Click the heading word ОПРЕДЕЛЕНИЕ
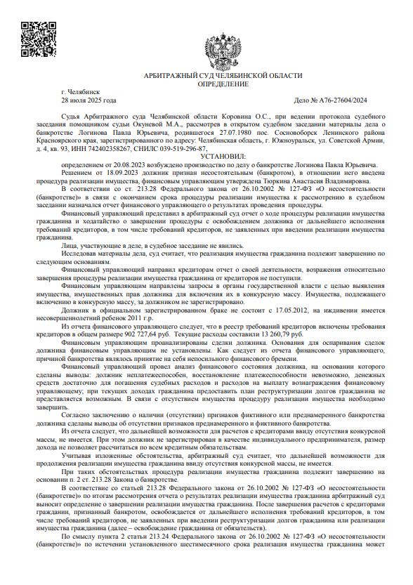(223, 84)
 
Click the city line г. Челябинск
(81, 92)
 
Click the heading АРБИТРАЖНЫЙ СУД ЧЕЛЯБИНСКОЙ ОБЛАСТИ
(223, 75)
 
